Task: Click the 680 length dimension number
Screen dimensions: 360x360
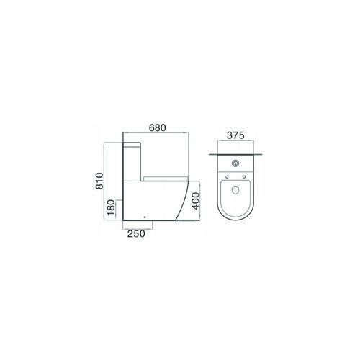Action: (158, 128)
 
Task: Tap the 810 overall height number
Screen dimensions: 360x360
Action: (99, 181)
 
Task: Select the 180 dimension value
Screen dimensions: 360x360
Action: (111, 207)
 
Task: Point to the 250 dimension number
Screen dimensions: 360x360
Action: (136, 234)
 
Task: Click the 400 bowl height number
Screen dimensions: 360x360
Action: (196, 201)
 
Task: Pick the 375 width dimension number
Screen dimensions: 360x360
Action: (235, 135)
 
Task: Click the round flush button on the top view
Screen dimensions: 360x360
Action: (235, 163)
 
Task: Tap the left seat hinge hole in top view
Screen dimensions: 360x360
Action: (227, 177)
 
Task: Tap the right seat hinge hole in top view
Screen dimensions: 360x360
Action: (244, 177)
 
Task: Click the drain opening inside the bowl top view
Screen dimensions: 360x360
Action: (235, 190)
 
